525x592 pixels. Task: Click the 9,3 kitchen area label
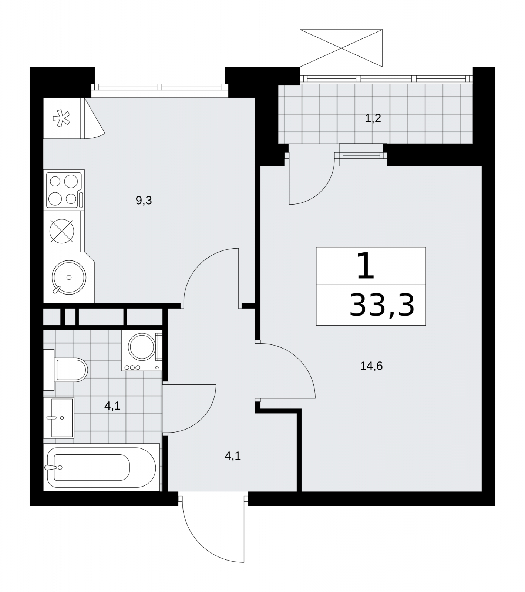[x=144, y=201]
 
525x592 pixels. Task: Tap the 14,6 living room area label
[x=371, y=366]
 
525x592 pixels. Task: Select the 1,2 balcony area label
[x=373, y=118]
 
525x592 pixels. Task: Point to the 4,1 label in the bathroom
[x=112, y=406]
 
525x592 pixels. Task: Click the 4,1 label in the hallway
[x=233, y=456]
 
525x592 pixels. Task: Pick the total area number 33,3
[x=381, y=305]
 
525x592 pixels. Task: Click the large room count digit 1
[x=366, y=266]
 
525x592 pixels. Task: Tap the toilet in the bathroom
[x=66, y=370]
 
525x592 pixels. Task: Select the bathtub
[x=101, y=467]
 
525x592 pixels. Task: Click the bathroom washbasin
[x=59, y=418]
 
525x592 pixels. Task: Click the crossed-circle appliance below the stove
[x=62, y=231]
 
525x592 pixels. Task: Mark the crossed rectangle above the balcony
[x=341, y=48]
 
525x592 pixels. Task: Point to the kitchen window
[x=159, y=87]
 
